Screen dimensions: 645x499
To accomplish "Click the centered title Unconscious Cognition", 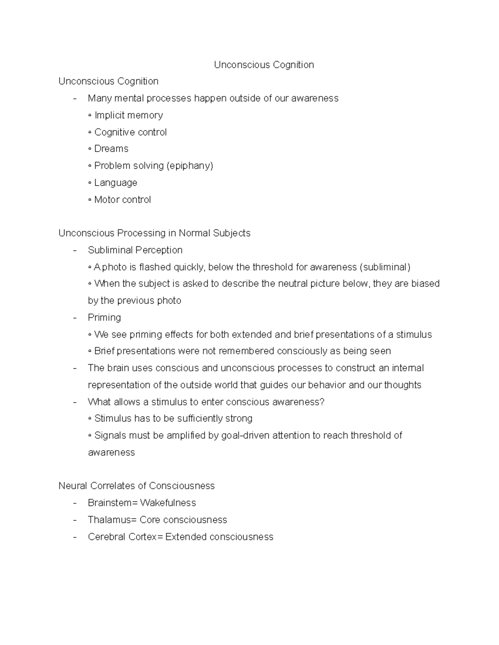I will (x=264, y=65).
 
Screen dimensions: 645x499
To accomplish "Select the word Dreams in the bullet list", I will (x=111, y=149).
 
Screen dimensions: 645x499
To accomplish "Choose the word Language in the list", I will (x=116, y=183).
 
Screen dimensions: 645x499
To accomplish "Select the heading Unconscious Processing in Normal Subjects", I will (x=154, y=233).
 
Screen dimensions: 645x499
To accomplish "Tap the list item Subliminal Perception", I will (x=135, y=250).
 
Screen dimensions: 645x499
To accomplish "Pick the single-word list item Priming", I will (x=104, y=317).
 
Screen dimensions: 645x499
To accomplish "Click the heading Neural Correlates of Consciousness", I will (x=136, y=486).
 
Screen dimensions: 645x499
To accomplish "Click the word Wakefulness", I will (x=168, y=503).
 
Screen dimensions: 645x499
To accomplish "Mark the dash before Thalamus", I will (x=75, y=520).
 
